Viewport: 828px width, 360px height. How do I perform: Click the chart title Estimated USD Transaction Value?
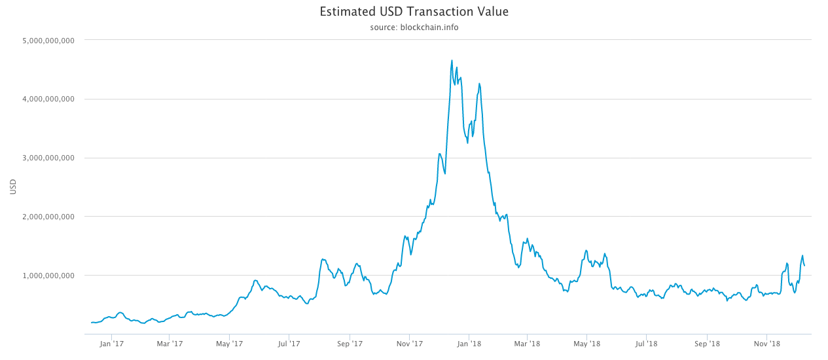pos(414,12)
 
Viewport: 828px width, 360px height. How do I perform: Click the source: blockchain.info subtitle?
pos(414,27)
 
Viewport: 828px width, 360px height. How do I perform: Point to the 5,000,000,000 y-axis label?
pos(48,41)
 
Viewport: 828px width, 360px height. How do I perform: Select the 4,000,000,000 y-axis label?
pos(48,99)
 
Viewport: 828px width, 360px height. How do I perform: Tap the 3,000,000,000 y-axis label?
pos(48,158)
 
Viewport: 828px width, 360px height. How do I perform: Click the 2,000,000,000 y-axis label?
pos(48,217)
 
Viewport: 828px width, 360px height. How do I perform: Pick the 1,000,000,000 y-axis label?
pos(48,276)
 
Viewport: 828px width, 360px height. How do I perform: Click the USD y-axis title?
pos(13,187)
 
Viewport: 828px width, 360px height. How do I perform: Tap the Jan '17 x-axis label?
pos(112,343)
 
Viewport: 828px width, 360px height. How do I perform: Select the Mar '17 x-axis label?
pos(170,343)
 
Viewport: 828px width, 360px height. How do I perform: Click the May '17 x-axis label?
pos(229,343)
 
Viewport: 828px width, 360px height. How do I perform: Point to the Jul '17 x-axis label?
pos(289,343)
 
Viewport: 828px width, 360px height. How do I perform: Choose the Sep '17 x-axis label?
pos(350,343)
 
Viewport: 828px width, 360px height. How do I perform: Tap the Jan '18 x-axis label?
pos(469,343)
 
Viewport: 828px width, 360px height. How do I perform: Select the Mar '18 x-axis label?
pos(526,343)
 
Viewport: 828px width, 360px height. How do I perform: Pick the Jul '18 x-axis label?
pos(646,343)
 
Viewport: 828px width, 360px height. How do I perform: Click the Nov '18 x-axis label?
pos(766,343)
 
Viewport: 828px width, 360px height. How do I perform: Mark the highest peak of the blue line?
pos(452,60)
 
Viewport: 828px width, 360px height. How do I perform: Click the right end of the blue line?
pos(804,266)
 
